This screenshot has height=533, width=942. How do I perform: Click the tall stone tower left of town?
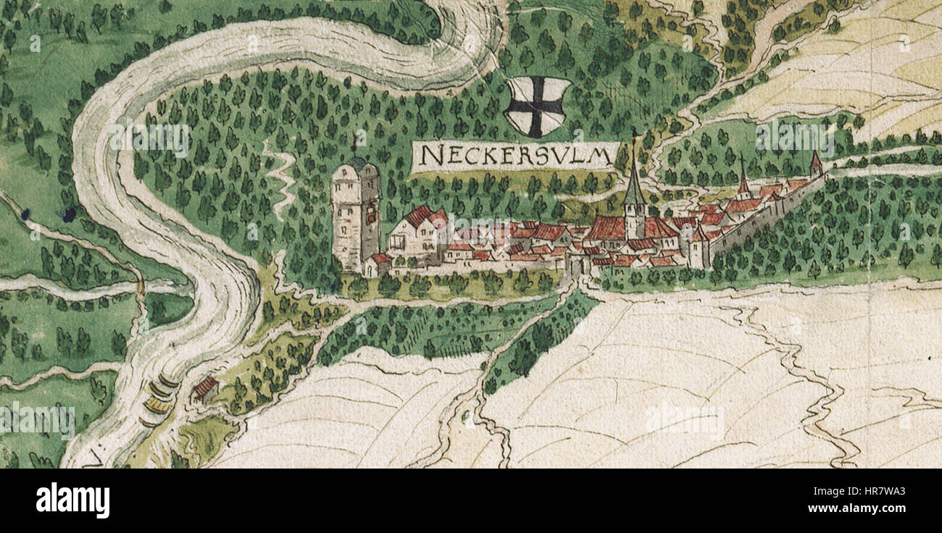(355, 217)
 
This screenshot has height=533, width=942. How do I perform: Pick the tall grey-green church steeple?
(634, 185)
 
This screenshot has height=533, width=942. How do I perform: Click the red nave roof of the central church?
(606, 228)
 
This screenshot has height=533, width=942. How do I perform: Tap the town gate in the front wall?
(578, 266)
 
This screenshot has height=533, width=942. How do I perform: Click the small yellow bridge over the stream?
(140, 288)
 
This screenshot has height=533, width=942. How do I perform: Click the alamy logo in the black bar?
(72, 500)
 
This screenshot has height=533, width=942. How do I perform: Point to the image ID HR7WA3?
(875, 491)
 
